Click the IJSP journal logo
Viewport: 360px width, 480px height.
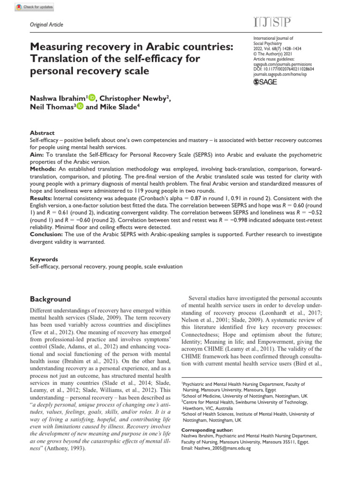[x=271, y=23]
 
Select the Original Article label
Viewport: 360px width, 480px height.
[x=46, y=25]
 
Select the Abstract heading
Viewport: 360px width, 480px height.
[x=42, y=133]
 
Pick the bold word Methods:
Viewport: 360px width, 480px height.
[x=43, y=168]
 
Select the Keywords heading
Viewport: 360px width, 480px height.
[x=44, y=259]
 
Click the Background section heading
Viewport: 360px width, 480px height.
[x=50, y=299]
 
